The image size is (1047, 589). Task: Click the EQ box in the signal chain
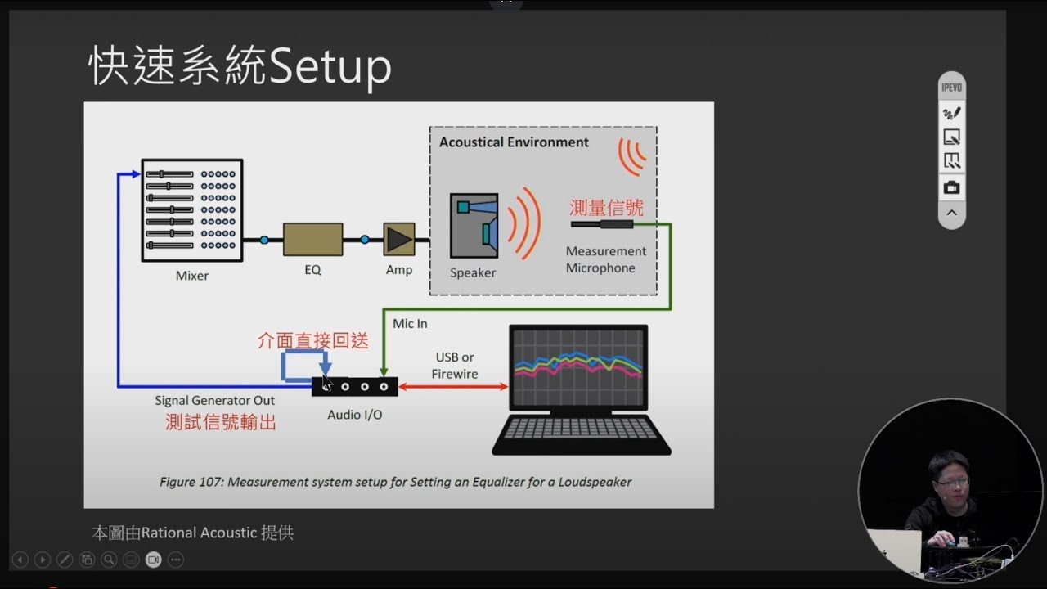point(312,240)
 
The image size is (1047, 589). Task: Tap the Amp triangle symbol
point(398,240)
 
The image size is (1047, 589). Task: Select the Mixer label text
point(192,276)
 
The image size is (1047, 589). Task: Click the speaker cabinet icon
point(474,226)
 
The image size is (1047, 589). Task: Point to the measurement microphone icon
point(602,224)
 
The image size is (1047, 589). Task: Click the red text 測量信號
point(606,208)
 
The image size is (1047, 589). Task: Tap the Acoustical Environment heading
point(514,142)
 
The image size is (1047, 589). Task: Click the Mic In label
point(410,323)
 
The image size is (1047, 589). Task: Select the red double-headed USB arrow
point(453,387)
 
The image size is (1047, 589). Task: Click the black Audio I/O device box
point(355,387)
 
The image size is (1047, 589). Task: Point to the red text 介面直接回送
point(312,341)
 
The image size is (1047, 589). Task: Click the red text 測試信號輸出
point(221,423)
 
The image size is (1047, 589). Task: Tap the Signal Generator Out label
point(214,401)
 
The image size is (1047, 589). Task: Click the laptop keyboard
point(581,428)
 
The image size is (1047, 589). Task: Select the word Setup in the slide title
point(330,67)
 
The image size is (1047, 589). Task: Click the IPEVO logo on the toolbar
point(951,88)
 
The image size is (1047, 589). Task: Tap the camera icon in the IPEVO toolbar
point(951,187)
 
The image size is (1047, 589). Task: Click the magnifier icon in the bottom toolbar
point(109,560)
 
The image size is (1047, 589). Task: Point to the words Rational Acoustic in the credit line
point(199,533)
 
